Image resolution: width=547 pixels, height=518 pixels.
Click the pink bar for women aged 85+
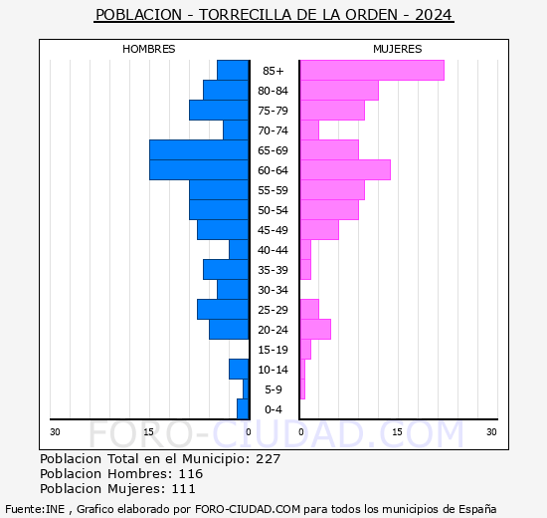pos(372,70)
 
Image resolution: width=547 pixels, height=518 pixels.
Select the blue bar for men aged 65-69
pos(198,149)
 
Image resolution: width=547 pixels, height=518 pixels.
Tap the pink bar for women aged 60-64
pos(345,169)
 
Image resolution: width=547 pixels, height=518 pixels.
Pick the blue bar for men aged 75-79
pos(218,110)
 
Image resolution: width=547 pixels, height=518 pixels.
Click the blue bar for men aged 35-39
pos(225,269)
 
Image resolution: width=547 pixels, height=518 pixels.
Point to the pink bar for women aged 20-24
pos(315,329)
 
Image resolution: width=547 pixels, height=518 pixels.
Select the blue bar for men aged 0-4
pos(242,408)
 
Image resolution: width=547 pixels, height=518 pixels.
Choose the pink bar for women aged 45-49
pos(319,229)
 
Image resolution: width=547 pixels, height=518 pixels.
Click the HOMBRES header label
pos(148,49)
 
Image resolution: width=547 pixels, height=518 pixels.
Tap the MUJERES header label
pos(397,49)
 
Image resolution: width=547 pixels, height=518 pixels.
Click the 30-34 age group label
pos(273,290)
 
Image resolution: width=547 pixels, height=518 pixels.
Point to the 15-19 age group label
pos(273,350)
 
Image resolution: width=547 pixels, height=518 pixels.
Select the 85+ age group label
pos(273,71)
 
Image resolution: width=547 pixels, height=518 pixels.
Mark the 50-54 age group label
pos(273,210)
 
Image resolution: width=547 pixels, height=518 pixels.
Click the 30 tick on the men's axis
pos(56,431)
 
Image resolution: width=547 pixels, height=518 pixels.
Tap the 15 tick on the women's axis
pos(396,431)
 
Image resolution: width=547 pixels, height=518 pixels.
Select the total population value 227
pos(268,459)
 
